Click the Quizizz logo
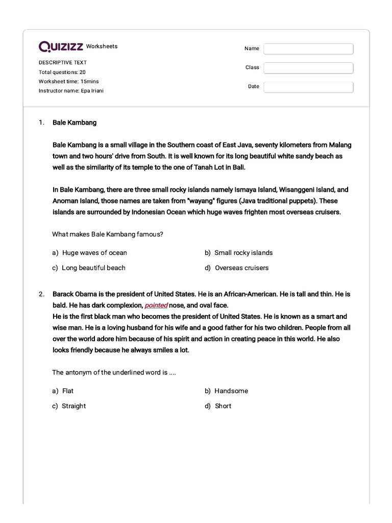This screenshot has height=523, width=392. (61, 47)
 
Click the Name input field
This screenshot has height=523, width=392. (308, 49)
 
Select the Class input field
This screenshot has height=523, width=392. (308, 68)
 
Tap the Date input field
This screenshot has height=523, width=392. (308, 87)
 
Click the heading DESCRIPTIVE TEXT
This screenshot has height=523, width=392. (63, 62)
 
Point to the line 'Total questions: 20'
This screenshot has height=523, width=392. (62, 72)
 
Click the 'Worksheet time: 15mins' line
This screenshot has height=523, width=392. (69, 81)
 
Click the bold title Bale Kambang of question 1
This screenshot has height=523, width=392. (75, 123)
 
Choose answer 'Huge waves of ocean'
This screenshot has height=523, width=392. (94, 253)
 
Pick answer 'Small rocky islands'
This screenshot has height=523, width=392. (243, 253)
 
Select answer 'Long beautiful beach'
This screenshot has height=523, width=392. (93, 268)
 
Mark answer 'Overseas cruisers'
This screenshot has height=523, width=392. (241, 268)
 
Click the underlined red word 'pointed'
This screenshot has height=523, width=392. (156, 305)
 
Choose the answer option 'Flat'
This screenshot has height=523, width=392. (68, 391)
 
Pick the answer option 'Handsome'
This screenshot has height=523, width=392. (231, 391)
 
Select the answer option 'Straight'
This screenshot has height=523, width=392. (73, 406)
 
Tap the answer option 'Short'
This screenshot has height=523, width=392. (223, 406)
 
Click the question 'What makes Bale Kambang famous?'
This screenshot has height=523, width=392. (108, 234)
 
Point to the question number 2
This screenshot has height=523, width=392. (41, 294)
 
